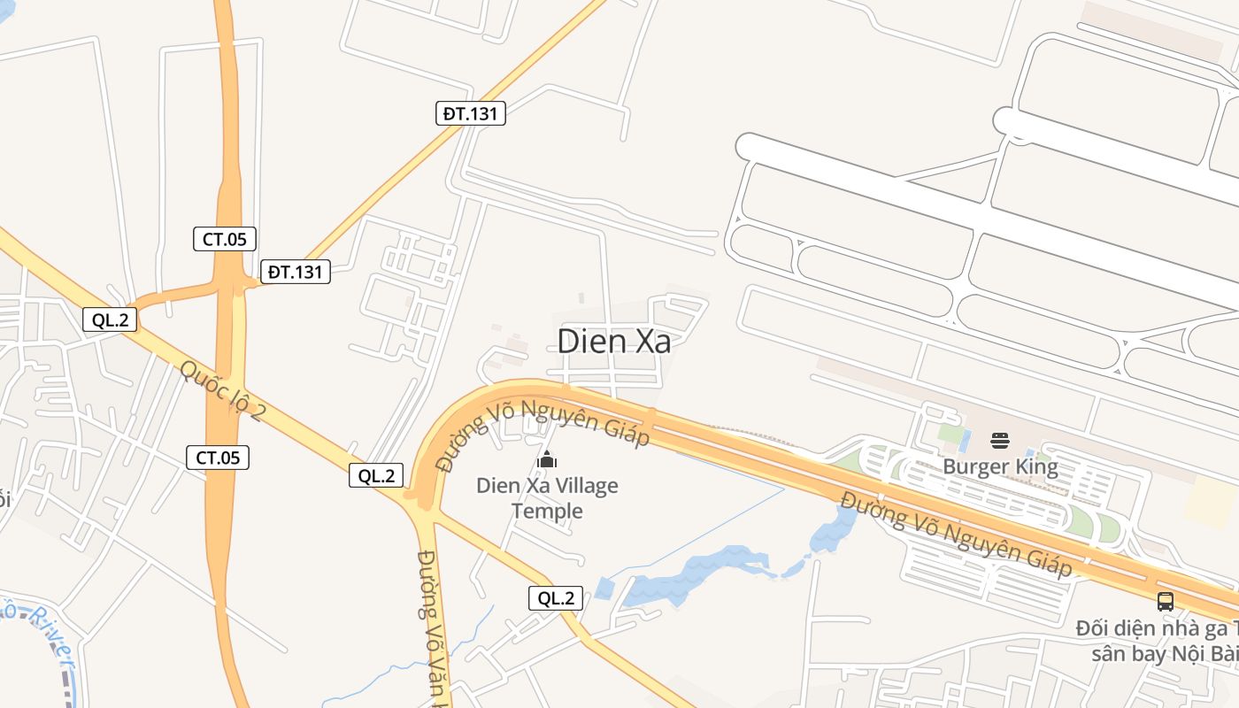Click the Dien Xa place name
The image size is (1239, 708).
614,342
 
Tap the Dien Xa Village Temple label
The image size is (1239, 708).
547,498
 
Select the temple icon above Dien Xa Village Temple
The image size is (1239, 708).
547,459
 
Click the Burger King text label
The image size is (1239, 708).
1000,466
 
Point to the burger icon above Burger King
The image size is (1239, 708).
1000,441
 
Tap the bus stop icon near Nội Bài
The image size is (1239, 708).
1166,602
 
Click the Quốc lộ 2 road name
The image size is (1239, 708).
222,389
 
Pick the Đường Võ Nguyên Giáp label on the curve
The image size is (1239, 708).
542,433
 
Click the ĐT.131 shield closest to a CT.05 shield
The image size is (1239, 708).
295,272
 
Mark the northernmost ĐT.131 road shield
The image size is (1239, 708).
470,113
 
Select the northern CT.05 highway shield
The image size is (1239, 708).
225,239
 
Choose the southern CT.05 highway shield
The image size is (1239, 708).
218,458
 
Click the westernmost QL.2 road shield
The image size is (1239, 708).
110,320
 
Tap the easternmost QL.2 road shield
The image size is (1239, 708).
557,598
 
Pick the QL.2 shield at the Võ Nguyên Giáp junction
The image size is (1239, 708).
376,475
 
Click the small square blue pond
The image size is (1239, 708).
604,589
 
